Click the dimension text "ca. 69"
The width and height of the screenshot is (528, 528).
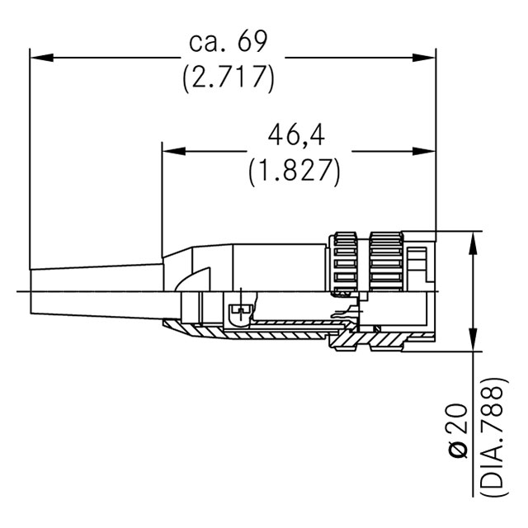(228, 41)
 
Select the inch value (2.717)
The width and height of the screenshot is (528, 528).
(229, 78)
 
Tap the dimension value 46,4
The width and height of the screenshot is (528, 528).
(296, 135)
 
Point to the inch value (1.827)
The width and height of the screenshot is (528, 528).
(295, 172)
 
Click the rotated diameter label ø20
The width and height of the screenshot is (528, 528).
(459, 431)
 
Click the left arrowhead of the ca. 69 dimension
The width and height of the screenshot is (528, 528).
(42, 57)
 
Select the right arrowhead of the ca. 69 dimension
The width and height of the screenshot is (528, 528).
(424, 57)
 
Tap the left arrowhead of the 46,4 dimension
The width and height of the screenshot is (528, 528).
(174, 151)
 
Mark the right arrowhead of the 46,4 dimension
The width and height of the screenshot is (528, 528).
(424, 151)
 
